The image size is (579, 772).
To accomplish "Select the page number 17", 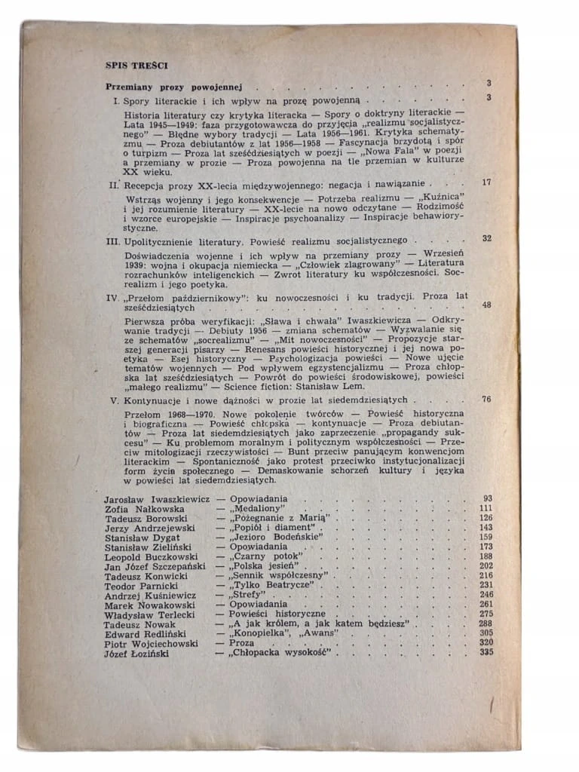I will [x=486, y=182].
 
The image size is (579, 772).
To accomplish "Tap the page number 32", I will [x=486, y=239].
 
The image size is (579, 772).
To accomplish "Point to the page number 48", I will [x=486, y=305].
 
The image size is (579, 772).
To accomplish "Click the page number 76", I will [x=486, y=400].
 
